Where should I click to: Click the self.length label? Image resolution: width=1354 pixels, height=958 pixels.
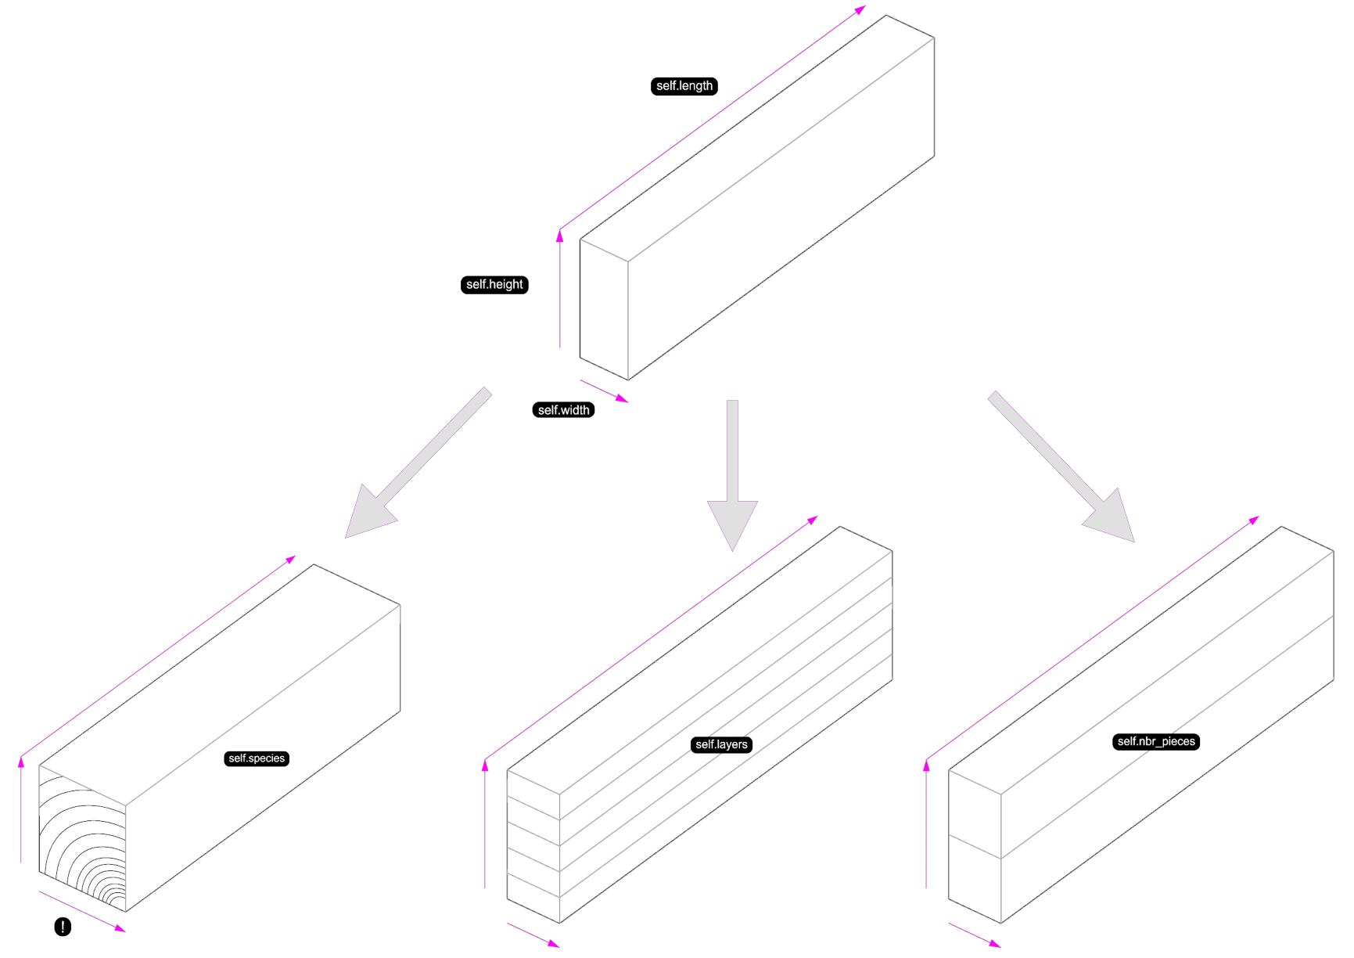[684, 86]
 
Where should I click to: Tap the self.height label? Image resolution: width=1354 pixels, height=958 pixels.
[494, 285]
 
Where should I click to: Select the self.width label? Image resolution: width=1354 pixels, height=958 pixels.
[563, 410]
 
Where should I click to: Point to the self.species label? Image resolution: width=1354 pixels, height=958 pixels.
[257, 758]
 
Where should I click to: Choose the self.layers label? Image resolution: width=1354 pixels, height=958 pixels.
[721, 744]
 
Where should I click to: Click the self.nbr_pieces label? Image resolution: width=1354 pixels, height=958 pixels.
[1155, 741]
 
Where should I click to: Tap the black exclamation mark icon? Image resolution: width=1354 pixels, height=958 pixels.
[63, 927]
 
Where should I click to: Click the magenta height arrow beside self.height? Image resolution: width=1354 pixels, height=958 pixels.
[560, 290]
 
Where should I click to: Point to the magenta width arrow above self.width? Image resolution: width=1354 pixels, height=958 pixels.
[603, 391]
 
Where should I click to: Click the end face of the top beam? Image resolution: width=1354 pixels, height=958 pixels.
[604, 309]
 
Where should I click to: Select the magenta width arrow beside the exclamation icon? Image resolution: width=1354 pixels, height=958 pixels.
[82, 911]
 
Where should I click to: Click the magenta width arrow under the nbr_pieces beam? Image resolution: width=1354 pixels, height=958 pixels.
[975, 935]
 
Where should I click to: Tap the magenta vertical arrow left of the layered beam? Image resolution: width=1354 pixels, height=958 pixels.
[485, 826]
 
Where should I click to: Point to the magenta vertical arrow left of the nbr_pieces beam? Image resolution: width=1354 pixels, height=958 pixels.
[926, 826]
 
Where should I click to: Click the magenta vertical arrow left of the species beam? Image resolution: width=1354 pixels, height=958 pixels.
[21, 810]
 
